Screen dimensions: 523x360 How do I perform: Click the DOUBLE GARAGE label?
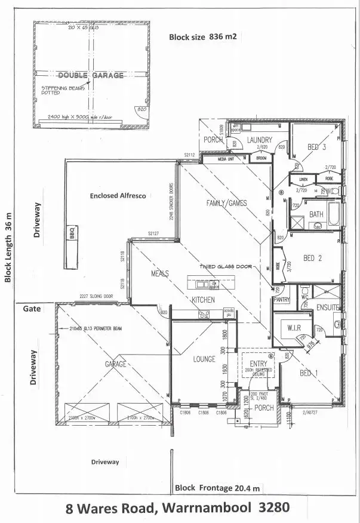pyautogui.click(x=90, y=75)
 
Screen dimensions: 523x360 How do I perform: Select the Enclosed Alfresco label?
pyautogui.click(x=118, y=195)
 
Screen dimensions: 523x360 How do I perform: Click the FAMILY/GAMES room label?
pyautogui.click(x=226, y=204)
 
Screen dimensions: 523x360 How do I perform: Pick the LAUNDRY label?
pyautogui.click(x=260, y=140)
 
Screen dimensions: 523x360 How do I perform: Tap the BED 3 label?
pyautogui.click(x=316, y=147)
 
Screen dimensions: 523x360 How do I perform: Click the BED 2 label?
pyautogui.click(x=313, y=258)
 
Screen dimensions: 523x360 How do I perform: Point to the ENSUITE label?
pyautogui.click(x=328, y=307)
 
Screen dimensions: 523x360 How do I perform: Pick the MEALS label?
pyautogui.click(x=159, y=273)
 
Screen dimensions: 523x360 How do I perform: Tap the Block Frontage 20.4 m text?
pyautogui.click(x=218, y=488)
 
